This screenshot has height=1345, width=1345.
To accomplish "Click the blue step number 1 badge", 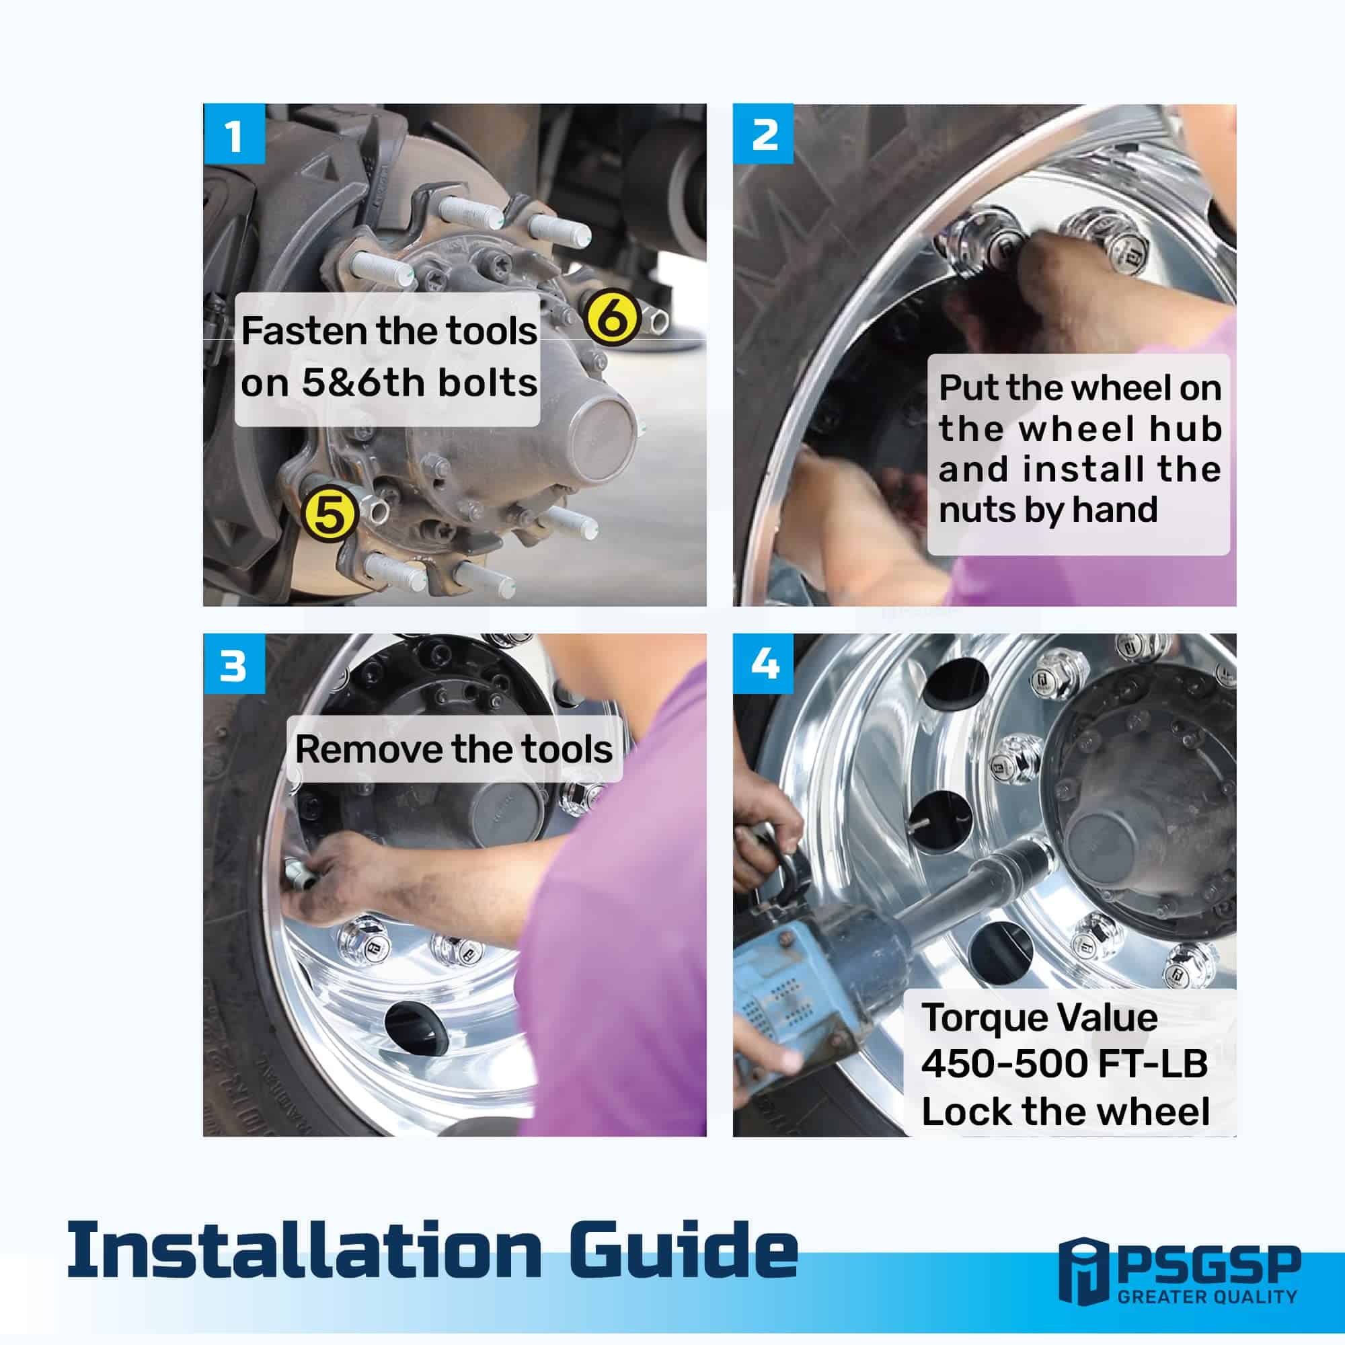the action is click(x=234, y=134).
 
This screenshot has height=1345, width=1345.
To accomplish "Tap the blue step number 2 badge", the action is click(x=764, y=134).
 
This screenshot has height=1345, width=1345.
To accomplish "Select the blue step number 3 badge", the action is click(x=234, y=664).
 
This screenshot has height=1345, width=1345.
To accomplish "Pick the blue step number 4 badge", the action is click(x=764, y=664).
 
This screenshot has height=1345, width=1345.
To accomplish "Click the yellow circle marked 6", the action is click(x=612, y=317).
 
